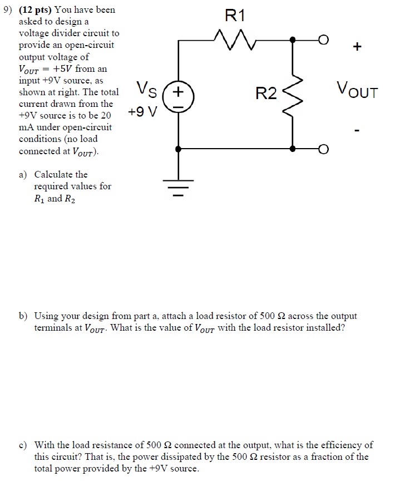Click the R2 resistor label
point(265,94)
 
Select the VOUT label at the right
point(357,91)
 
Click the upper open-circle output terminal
point(323,40)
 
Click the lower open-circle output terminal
point(323,149)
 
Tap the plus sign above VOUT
point(357,48)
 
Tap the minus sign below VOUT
point(358,132)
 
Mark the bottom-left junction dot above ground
point(178,149)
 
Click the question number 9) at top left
point(7,9)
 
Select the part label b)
point(23,316)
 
